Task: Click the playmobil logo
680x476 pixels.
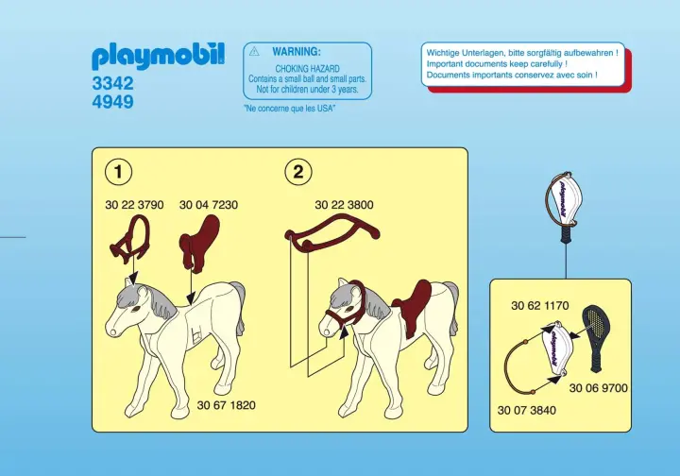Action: pyautogui.click(x=158, y=57)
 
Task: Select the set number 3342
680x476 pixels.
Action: pyautogui.click(x=112, y=83)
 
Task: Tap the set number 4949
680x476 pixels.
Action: pyautogui.click(x=112, y=102)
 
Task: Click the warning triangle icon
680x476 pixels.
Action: pyautogui.click(x=254, y=52)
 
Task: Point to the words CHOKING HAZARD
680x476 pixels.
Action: pyautogui.click(x=308, y=69)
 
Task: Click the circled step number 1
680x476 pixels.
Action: pyautogui.click(x=118, y=172)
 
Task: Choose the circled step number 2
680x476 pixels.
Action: pyautogui.click(x=298, y=172)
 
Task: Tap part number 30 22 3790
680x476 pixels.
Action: pyautogui.click(x=134, y=205)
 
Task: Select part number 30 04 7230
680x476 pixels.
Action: pyautogui.click(x=209, y=205)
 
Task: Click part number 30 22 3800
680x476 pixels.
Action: pyautogui.click(x=344, y=205)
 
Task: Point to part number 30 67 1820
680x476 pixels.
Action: pyautogui.click(x=227, y=405)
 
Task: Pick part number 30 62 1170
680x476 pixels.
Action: pyautogui.click(x=540, y=306)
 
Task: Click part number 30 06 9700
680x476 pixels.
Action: pyautogui.click(x=599, y=388)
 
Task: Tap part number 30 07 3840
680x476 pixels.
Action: pyautogui.click(x=527, y=410)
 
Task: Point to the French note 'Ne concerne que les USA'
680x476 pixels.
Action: pyautogui.click(x=290, y=109)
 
